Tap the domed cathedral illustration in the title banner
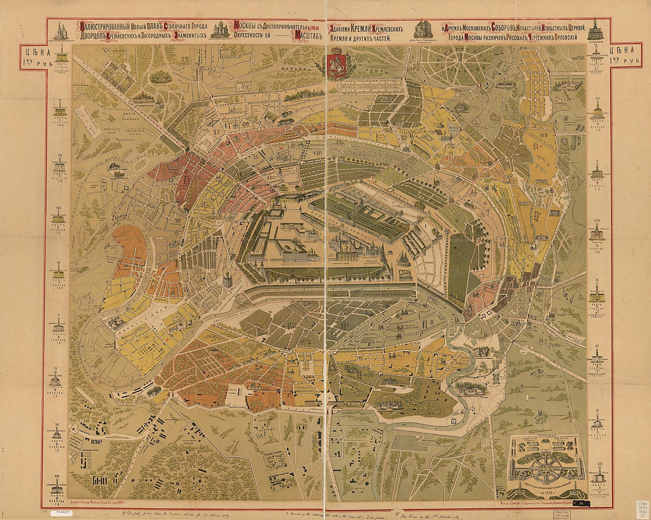tap(221, 30)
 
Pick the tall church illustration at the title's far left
tap(60, 30)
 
